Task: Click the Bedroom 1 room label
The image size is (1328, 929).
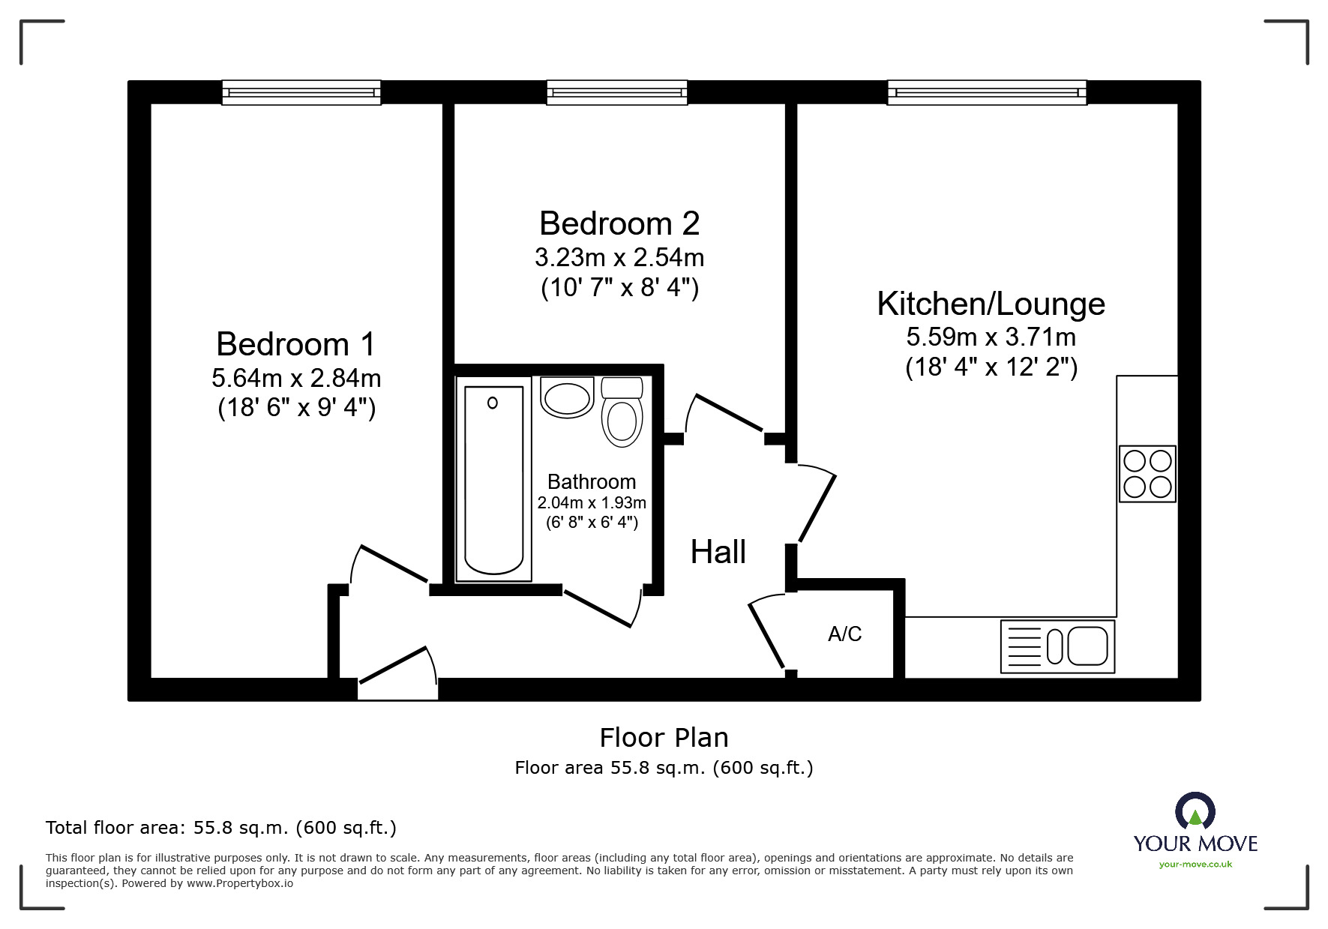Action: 296,344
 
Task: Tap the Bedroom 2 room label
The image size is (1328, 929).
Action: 619,223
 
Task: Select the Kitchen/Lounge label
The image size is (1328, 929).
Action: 991,304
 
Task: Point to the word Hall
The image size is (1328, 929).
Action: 718,552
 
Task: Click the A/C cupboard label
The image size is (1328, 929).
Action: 845,634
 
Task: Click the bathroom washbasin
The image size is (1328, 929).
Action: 567,397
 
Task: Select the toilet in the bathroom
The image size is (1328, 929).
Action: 622,412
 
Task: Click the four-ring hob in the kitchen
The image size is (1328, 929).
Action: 1147,474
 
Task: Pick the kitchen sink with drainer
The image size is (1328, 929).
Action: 1058,646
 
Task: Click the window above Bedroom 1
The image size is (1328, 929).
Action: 301,92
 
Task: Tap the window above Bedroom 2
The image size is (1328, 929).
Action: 617,92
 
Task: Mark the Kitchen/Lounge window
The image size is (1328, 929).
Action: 988,92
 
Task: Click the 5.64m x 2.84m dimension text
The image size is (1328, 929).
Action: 296,378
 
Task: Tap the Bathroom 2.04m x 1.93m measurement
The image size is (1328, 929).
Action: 592,502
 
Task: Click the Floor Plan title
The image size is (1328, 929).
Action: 664,738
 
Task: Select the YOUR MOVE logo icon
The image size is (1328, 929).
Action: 1195,811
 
